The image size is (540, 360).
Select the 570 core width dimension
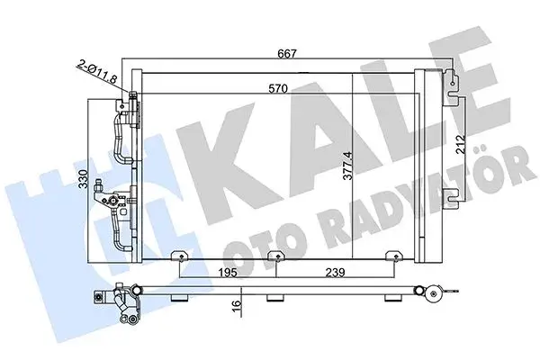point(265,90)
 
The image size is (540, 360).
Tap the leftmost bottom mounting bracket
point(181,262)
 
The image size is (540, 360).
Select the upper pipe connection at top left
point(124,108)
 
